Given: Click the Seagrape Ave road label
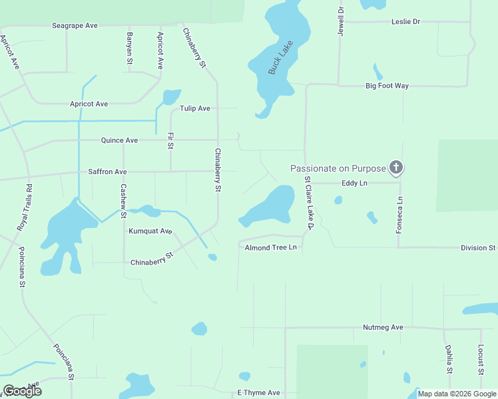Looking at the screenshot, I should tap(75, 25).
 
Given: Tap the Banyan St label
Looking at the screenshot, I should tap(130, 48).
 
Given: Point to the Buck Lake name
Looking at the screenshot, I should tap(276, 63).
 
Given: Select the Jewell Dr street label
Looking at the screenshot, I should tap(341, 21).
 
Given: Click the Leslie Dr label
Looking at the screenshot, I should tap(406, 22).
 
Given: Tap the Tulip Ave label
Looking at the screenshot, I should tap(194, 108).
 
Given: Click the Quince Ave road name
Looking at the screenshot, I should tap(119, 140).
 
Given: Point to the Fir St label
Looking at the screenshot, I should tap(171, 140).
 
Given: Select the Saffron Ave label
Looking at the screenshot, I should tap(107, 172).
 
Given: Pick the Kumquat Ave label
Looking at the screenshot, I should tap(150, 231).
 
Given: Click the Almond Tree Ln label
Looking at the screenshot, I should tap(270, 247).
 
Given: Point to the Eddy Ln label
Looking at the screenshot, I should tap(354, 182).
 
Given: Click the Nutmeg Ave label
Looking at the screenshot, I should tap(383, 327).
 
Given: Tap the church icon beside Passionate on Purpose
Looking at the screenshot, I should tap(396, 168).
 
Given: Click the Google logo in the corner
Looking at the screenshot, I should tap(23, 391).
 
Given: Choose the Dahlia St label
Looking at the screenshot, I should tap(449, 360).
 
